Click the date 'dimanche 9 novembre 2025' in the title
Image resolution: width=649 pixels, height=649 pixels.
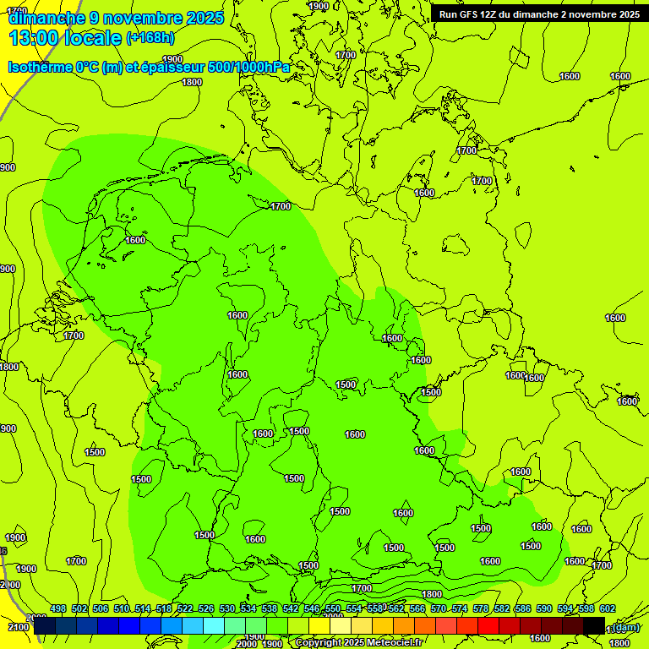116,18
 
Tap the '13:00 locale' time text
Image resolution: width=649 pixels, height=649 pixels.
64,38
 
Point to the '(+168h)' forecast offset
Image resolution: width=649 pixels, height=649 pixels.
150,38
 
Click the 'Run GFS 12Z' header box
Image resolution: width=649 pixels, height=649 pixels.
539,14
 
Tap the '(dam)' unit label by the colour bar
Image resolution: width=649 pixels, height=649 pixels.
625,627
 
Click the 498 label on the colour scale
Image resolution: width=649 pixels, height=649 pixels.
58,609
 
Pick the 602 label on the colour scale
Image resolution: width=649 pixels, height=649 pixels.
608,609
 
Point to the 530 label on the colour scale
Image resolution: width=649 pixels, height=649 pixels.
227,609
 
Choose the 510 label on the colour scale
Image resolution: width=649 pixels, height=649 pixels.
122,609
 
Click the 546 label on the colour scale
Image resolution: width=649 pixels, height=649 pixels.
312,609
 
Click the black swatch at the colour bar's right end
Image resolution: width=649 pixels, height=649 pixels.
593,625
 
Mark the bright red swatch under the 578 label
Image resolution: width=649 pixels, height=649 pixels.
488,625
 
